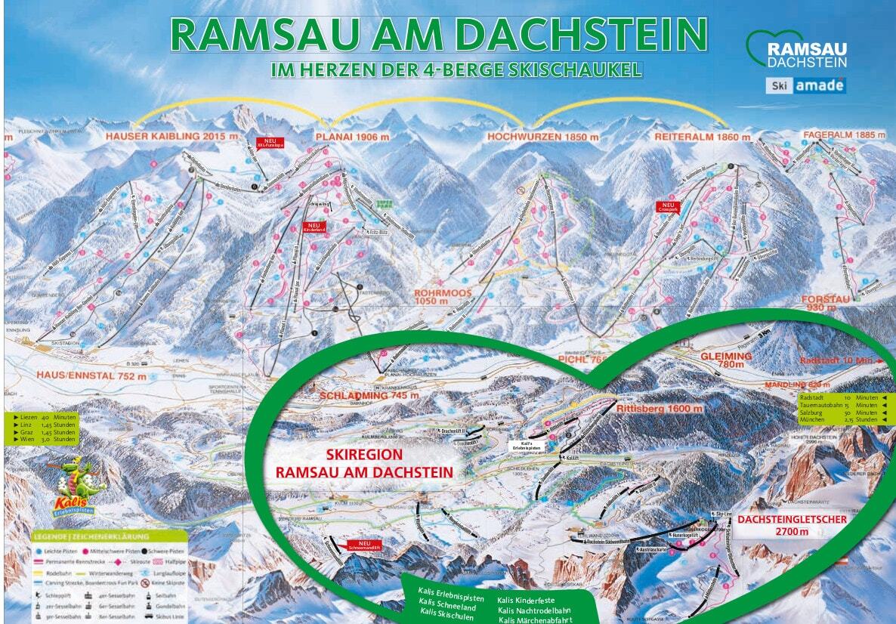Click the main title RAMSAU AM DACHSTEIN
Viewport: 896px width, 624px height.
click(x=439, y=34)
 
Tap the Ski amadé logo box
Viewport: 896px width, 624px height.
click(x=805, y=85)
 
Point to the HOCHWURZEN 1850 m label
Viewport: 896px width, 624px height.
click(x=542, y=137)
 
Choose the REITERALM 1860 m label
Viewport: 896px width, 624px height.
click(x=702, y=137)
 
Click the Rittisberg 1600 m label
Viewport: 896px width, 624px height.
click(x=660, y=409)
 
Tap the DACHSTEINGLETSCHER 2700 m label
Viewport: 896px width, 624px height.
click(x=792, y=526)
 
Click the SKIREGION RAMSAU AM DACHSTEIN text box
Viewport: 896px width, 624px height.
click(x=364, y=463)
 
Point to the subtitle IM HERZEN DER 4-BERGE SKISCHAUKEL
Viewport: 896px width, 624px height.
click(x=456, y=70)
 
